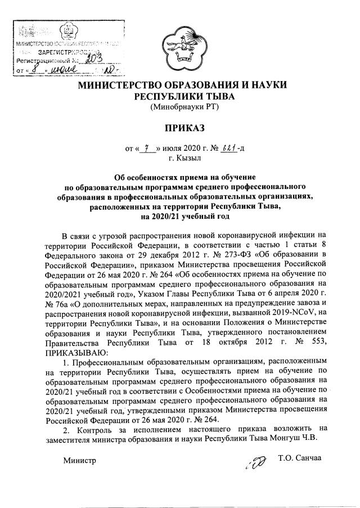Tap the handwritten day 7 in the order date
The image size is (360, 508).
click(x=147, y=148)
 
